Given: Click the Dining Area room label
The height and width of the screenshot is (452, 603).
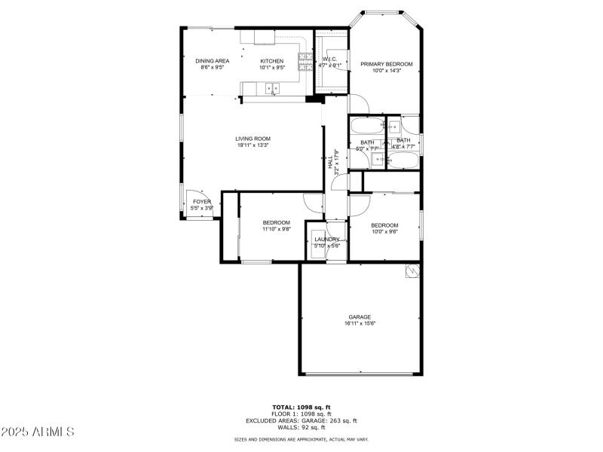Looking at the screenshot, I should click(x=213, y=61).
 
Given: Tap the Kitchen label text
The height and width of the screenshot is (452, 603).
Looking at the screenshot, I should click(x=272, y=61).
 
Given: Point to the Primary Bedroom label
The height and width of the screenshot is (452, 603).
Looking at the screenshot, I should click(x=387, y=64).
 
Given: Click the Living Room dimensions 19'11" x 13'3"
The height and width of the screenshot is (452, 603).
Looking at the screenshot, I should click(x=253, y=145).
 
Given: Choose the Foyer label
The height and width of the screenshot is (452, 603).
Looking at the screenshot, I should click(x=202, y=202).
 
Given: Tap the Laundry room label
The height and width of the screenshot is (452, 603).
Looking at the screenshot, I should click(x=327, y=240).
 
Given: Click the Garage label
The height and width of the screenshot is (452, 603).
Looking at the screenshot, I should click(x=360, y=316).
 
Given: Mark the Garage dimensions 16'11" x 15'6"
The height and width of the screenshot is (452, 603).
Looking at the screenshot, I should click(x=360, y=323).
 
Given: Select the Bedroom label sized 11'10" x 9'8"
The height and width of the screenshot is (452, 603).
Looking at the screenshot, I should click(x=277, y=222).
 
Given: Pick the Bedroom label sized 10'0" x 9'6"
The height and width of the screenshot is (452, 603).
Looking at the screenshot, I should click(x=384, y=225).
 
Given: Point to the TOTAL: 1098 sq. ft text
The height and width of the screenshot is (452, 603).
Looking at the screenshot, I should click(x=301, y=407).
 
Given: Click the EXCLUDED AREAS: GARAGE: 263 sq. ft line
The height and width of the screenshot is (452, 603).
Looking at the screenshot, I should click(x=301, y=420).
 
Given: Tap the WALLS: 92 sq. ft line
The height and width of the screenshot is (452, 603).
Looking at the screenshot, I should click(x=301, y=427).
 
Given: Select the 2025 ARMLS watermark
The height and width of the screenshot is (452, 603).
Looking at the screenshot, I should click(x=38, y=432).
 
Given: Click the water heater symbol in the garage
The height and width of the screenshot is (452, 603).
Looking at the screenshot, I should click(x=412, y=271).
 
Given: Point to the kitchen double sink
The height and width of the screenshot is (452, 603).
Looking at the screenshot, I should click(x=274, y=89).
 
